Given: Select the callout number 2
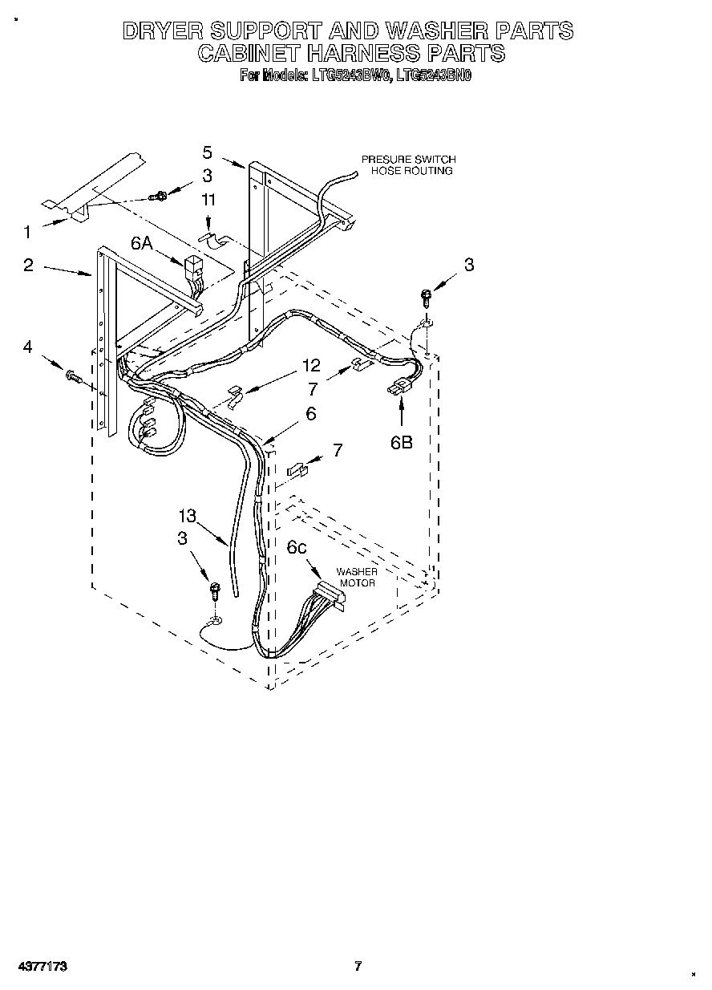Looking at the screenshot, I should click(x=28, y=266).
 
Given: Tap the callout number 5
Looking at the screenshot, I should click(x=207, y=152).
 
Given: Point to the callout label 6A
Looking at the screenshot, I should click(x=142, y=244).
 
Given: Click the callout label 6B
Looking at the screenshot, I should click(x=402, y=441).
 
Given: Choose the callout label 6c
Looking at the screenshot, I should click(x=297, y=547).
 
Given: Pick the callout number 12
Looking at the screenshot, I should click(x=311, y=366).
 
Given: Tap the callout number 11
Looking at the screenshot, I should click(x=208, y=201).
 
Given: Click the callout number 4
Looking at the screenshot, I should click(x=28, y=347).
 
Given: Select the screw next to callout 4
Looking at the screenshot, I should click(x=73, y=375).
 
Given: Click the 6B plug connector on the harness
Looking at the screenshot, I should click(x=398, y=391).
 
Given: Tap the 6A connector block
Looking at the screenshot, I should click(x=193, y=267).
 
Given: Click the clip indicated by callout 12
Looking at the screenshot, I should click(x=233, y=397).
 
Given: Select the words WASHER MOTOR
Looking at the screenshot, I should click(x=356, y=577).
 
